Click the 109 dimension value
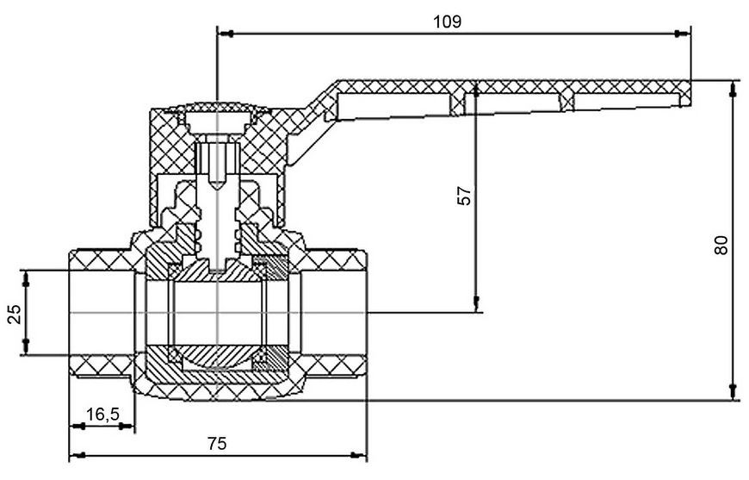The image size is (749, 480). (447, 22)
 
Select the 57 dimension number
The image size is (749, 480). (464, 195)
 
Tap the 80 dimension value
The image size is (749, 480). (721, 245)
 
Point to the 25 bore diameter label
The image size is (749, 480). (15, 314)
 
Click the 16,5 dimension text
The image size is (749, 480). (102, 414)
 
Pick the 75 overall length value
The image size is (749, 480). (216, 444)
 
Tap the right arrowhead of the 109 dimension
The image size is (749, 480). (682, 34)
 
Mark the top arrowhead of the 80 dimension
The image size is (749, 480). (733, 89)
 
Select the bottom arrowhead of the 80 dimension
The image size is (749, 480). (733, 392)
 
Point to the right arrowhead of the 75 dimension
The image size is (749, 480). (359, 455)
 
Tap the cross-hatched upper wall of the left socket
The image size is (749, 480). (102, 259)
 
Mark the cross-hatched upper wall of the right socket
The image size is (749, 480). (334, 259)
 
